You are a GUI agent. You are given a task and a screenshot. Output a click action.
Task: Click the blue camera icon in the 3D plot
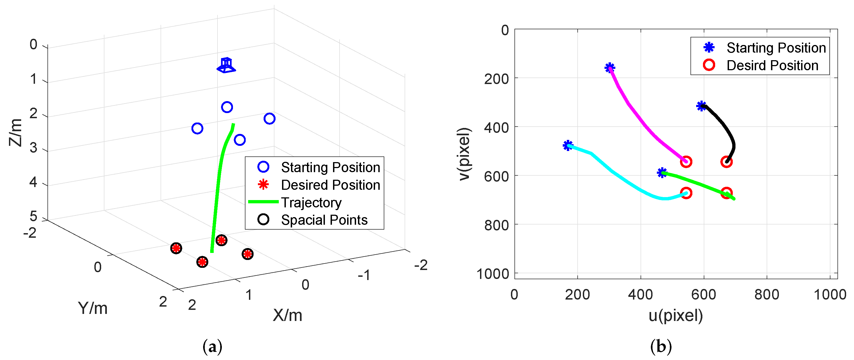pyautogui.click(x=226, y=65)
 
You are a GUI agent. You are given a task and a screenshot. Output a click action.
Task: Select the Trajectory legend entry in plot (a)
pyautogui.click(x=311, y=202)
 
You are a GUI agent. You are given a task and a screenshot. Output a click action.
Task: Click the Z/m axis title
pyautogui.click(x=15, y=133)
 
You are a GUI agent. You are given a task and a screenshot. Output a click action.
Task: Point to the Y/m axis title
pyautogui.click(x=92, y=308)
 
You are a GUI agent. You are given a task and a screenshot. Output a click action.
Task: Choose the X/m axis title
pyautogui.click(x=287, y=315)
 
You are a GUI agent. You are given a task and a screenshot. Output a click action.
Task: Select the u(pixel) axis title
pyautogui.click(x=676, y=315)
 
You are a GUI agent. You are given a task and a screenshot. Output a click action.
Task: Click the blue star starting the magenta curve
pyautogui.click(x=610, y=68)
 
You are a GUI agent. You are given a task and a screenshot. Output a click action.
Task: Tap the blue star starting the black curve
pyautogui.click(x=701, y=106)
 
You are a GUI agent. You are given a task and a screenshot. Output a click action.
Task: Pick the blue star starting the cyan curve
pyautogui.click(x=568, y=145)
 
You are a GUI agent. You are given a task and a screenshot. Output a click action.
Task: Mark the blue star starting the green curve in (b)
pyautogui.click(x=662, y=173)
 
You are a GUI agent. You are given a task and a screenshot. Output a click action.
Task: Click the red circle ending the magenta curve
pyautogui.click(x=686, y=162)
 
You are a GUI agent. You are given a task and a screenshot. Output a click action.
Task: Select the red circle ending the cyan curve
pyautogui.click(x=686, y=193)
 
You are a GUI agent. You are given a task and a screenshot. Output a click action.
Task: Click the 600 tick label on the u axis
pyautogui.click(x=703, y=294)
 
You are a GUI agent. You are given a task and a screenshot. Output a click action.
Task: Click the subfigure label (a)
pyautogui.click(x=212, y=347)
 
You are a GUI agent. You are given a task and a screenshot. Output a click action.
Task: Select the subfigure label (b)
pyautogui.click(x=661, y=347)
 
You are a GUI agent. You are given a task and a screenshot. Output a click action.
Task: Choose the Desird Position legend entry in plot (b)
pyautogui.click(x=772, y=65)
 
